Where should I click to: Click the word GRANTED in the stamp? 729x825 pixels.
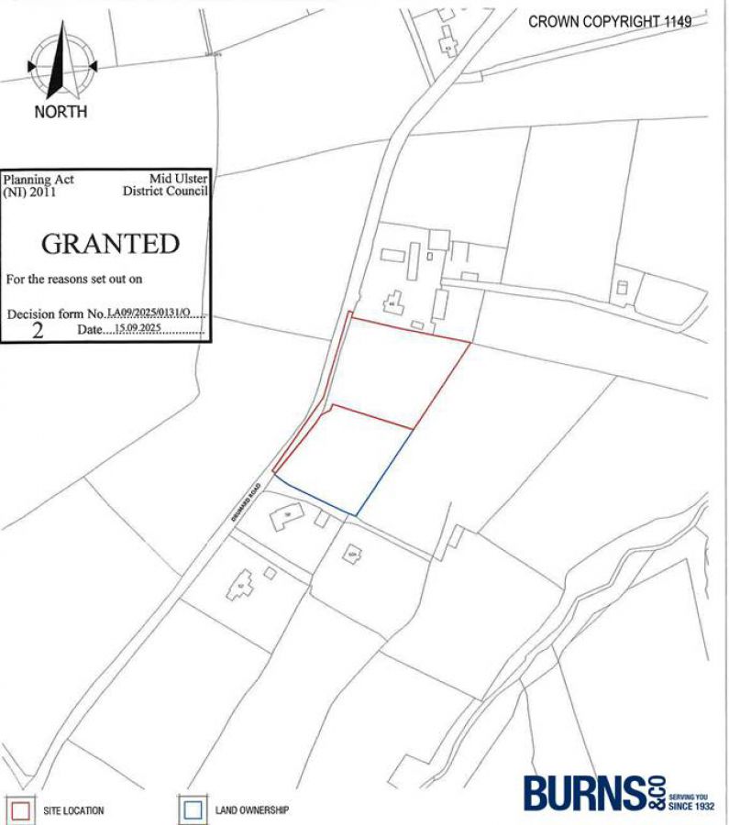point(110,244)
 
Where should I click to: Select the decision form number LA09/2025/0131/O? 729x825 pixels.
point(149,313)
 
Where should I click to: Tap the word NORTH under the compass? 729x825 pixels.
point(61,112)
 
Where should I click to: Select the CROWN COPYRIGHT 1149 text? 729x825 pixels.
point(610,21)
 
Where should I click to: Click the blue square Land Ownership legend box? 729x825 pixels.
point(193,810)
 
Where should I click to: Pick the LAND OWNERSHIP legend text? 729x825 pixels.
point(252,810)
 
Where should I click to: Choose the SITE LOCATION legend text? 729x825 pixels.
point(73,811)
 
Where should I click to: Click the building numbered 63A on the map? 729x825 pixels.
point(351,553)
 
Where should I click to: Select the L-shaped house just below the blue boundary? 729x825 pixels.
point(285,517)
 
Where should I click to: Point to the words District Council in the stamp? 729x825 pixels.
point(165,192)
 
